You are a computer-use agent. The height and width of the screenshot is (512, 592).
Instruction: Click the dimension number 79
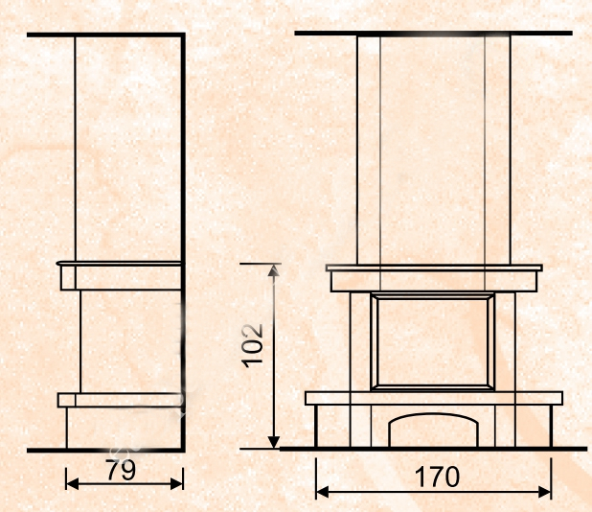[x=121, y=470]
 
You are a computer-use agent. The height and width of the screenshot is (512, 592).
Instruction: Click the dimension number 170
[x=437, y=477]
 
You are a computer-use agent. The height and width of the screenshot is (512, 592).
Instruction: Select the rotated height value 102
[x=252, y=346]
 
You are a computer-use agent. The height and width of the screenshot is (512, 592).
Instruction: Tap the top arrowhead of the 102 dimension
[x=274, y=270]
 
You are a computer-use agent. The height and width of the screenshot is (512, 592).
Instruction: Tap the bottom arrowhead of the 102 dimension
[x=274, y=442]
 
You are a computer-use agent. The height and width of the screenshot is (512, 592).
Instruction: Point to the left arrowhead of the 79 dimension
[x=72, y=483]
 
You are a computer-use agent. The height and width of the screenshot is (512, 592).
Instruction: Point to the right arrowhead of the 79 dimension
[x=176, y=483]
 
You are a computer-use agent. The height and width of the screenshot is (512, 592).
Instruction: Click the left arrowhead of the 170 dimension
[x=322, y=493]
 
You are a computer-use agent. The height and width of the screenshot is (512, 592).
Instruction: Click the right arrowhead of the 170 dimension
[x=545, y=493]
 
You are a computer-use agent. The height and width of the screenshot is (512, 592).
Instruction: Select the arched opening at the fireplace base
[x=433, y=415]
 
